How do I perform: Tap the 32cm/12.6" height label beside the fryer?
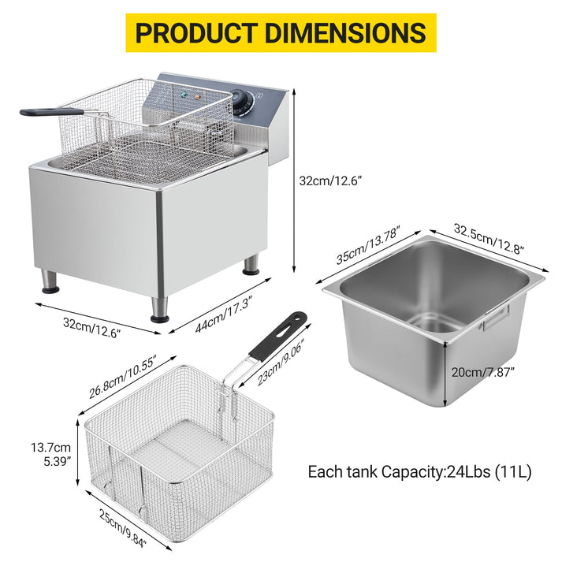tap(329, 181)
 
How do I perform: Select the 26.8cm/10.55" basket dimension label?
tap(123, 376)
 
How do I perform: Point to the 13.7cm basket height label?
tap(49, 447)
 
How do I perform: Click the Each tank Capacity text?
tap(419, 472)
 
